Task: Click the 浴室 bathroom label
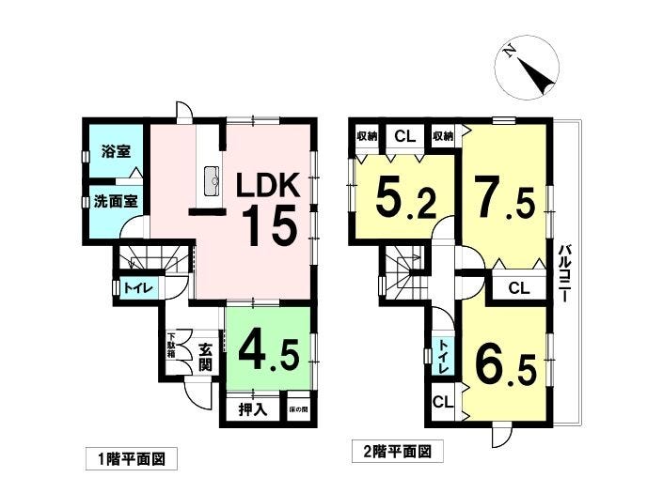tap(116, 151)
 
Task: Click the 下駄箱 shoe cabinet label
tap(172, 348)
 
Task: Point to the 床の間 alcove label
tap(298, 409)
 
